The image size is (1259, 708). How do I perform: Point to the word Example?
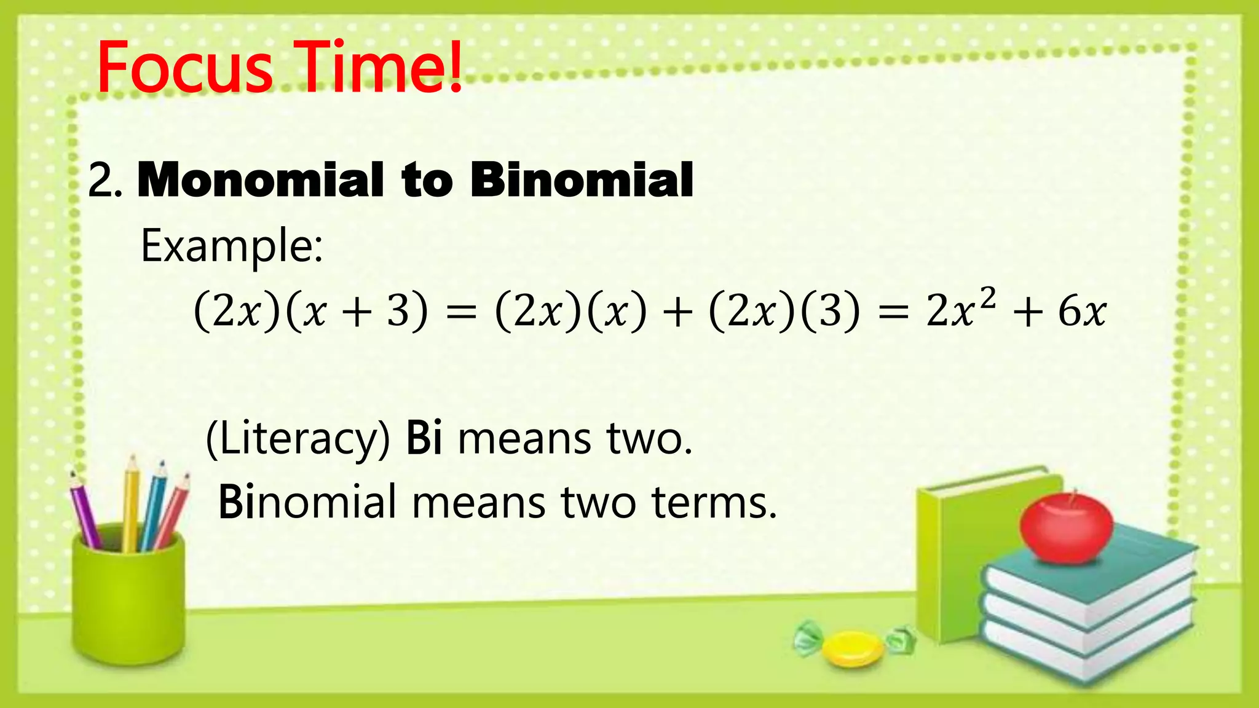pyautogui.click(x=231, y=246)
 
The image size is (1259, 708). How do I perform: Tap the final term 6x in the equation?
pyautogui.click(x=1082, y=311)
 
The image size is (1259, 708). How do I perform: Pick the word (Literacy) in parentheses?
pyautogui.click(x=298, y=439)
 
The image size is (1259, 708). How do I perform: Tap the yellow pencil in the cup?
pyautogui.click(x=131, y=504)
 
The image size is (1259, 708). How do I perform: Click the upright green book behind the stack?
pyautogui.click(x=950, y=553)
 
